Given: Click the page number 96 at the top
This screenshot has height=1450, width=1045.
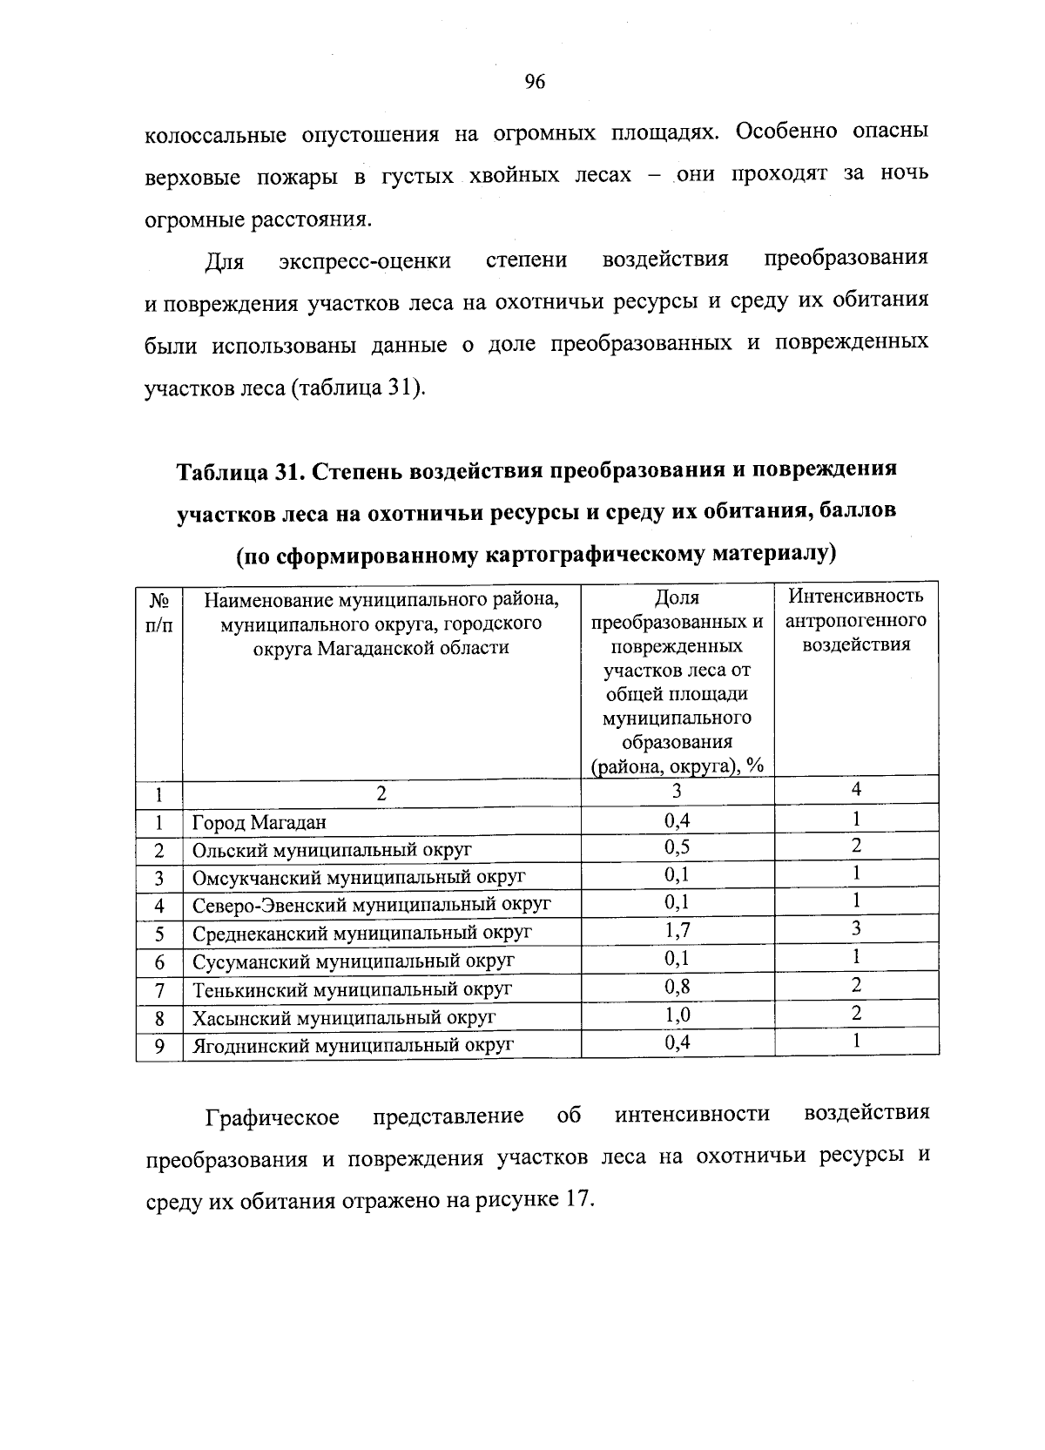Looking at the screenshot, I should (535, 83).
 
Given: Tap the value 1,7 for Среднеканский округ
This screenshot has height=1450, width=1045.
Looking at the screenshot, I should (677, 930).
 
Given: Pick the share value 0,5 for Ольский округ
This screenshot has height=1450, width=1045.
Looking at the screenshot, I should (677, 847).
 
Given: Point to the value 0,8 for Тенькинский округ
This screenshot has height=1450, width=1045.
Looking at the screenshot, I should (677, 987).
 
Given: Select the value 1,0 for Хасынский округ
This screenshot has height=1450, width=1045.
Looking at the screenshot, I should (677, 1015).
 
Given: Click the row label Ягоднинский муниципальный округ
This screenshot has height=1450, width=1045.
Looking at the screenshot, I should (353, 1044).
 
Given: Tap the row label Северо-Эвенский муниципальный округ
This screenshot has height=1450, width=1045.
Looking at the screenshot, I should (372, 905).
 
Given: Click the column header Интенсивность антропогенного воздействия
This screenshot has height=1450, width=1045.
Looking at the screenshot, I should (856, 620).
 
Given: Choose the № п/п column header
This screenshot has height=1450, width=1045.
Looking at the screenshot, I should (158, 612).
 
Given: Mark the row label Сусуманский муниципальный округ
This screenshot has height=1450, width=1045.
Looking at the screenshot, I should (354, 961).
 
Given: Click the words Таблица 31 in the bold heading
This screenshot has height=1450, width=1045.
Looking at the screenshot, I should (237, 471).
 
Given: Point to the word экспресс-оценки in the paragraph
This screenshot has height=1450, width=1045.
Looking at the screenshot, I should (365, 261).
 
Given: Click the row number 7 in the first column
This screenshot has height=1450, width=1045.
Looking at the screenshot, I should (159, 990).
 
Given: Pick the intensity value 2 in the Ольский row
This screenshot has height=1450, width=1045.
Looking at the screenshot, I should (857, 846).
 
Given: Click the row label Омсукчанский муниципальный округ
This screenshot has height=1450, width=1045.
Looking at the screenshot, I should (359, 877).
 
